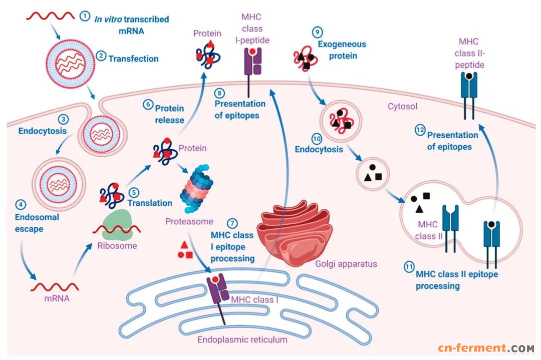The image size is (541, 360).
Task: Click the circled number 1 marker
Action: coord(86,16)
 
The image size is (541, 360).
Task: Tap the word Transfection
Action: coord(133,58)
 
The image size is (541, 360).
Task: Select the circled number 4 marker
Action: coord(21,205)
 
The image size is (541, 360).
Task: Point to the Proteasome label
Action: coord(189,221)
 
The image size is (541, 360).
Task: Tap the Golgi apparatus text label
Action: coord(346,264)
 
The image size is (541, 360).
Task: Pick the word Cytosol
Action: coord(403,107)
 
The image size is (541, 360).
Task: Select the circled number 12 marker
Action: coord(420,131)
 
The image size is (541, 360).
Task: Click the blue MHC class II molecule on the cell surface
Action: coord(469,91)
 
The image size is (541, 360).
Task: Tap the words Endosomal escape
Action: coord(37,223)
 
